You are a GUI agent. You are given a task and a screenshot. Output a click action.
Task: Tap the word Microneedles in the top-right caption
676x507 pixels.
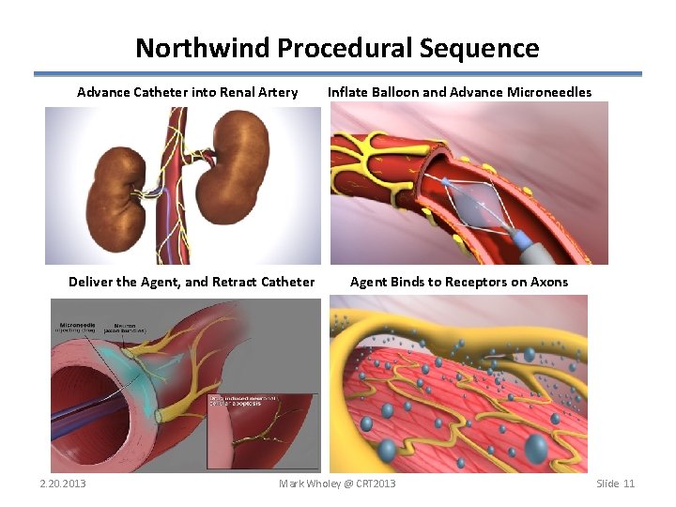pyautogui.click(x=549, y=92)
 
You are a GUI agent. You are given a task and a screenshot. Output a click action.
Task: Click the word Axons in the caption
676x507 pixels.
pyautogui.click(x=549, y=282)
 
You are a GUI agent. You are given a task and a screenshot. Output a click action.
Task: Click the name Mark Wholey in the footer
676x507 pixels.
pyautogui.click(x=309, y=484)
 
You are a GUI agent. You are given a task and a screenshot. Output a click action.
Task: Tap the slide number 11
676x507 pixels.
pyautogui.click(x=629, y=484)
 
